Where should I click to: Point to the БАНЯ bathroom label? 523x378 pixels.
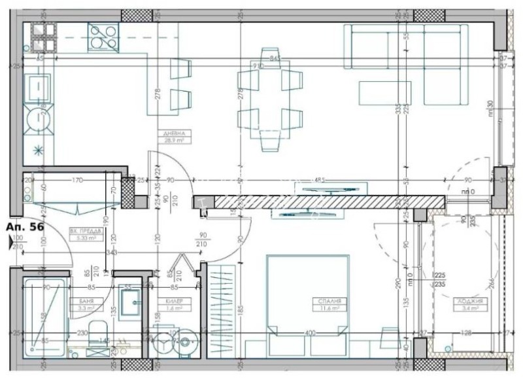coord(85,301)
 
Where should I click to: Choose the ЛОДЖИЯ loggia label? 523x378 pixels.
coord(470,301)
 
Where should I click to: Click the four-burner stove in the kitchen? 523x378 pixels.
coord(103,37)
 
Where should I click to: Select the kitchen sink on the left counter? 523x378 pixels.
coord(39,88)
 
